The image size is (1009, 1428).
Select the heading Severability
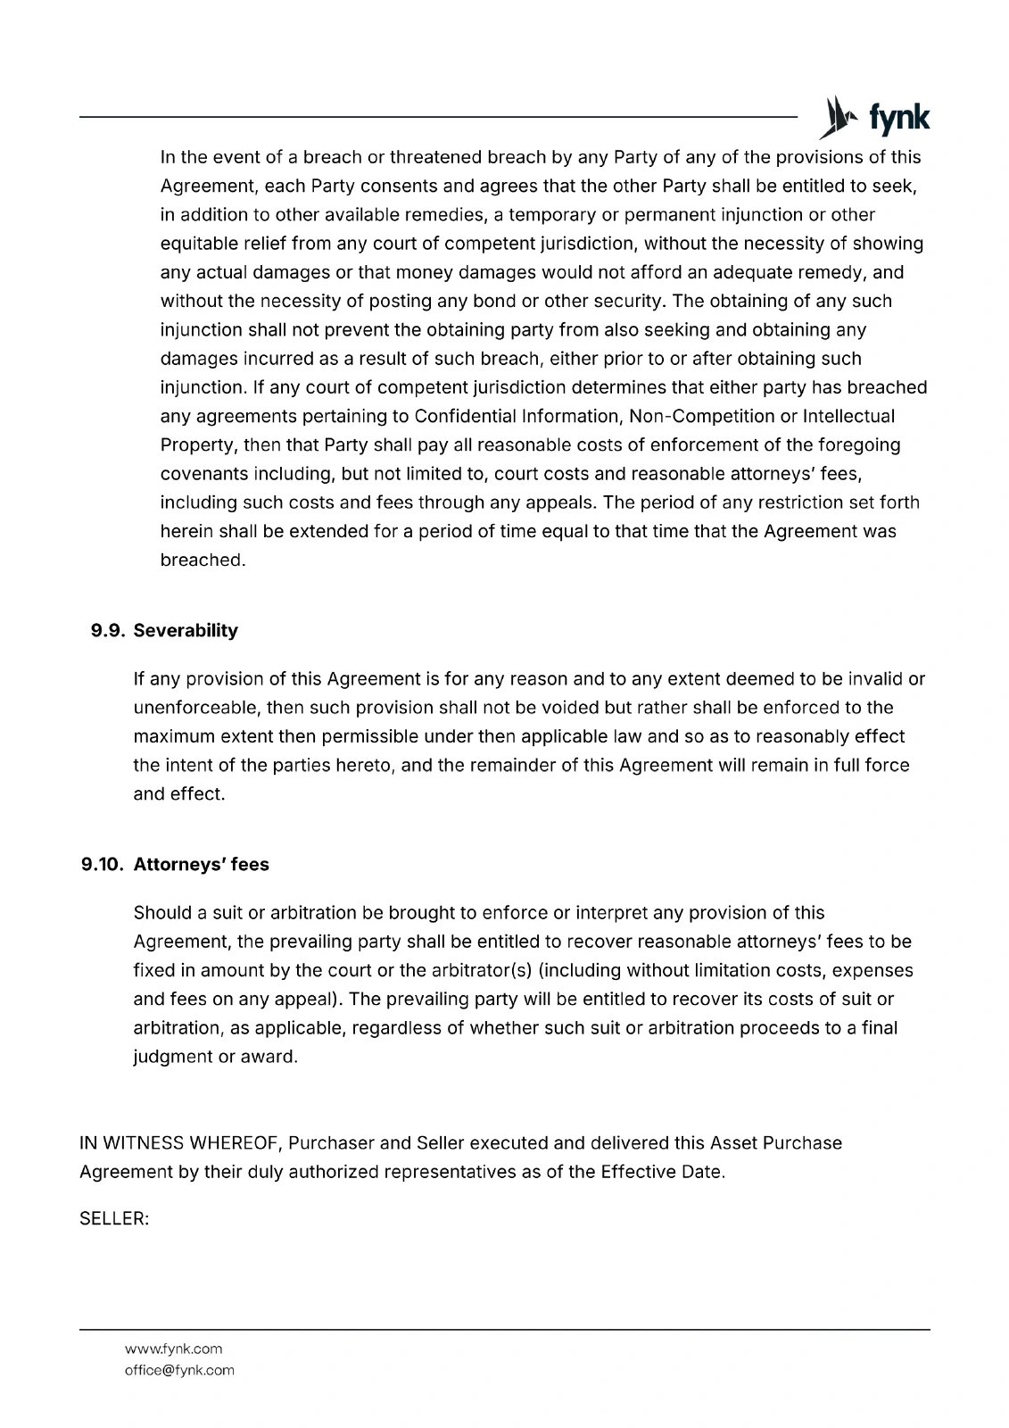point(186,630)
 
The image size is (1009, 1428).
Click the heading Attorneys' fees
point(201,864)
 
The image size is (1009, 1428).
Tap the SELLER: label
point(114,1218)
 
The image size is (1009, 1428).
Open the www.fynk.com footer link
point(173,1349)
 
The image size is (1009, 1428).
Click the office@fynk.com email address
point(179,1370)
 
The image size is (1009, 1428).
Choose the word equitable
point(202,244)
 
